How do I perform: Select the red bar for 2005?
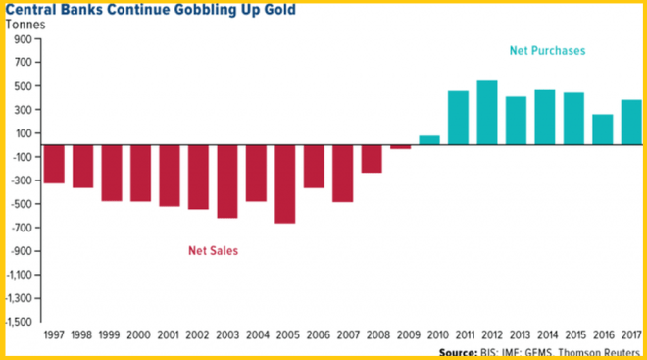click(x=285, y=183)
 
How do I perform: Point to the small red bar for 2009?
click(x=401, y=147)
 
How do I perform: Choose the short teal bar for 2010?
click(x=429, y=140)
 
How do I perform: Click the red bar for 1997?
click(x=54, y=164)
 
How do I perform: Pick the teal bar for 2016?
click(x=603, y=129)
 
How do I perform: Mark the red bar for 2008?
click(x=372, y=159)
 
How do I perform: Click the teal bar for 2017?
click(x=631, y=123)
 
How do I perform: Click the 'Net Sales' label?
click(x=213, y=250)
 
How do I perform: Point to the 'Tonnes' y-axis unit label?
click(x=25, y=26)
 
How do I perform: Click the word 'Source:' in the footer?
click(x=459, y=351)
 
